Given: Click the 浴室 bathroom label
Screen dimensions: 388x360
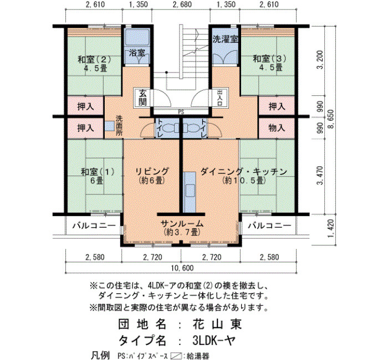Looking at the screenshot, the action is click(x=137, y=53).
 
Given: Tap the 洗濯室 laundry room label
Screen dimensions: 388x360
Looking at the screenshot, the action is click(x=226, y=39).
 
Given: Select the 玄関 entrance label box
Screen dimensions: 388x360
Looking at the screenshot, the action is click(x=142, y=97).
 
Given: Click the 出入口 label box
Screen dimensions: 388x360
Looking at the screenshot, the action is click(x=219, y=97).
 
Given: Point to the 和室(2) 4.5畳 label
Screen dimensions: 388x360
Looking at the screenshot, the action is click(x=94, y=63).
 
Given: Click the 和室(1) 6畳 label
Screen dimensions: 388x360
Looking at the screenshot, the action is click(x=98, y=176).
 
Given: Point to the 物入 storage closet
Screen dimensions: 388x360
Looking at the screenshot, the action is click(x=277, y=128).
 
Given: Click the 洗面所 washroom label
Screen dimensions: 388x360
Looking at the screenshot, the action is click(x=119, y=125).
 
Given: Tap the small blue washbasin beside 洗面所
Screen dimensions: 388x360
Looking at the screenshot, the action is click(x=109, y=126).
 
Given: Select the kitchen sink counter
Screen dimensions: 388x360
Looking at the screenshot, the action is click(x=190, y=192).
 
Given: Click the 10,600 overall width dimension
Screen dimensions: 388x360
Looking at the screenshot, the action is click(x=182, y=268).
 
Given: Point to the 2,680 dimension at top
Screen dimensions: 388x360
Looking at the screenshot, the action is click(x=181, y=4).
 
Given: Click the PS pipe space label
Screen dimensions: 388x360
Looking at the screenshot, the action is click(x=181, y=112).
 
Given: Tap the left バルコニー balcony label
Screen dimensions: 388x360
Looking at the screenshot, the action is click(x=94, y=226).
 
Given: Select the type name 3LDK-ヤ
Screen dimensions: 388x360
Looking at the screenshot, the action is click(x=213, y=341).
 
